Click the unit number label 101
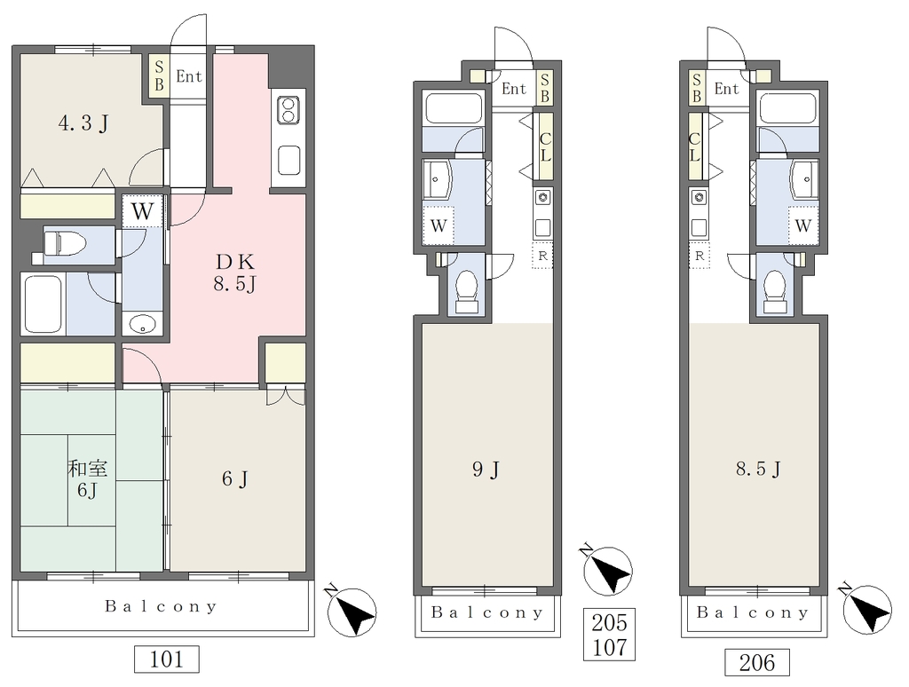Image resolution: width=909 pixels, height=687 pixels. [x=166, y=659]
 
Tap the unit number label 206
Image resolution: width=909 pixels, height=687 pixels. [x=756, y=662]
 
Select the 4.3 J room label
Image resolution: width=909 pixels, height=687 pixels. [x=83, y=123]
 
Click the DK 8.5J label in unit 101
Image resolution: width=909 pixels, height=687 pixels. [x=234, y=273]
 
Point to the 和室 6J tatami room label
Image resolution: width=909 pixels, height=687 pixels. [x=88, y=479]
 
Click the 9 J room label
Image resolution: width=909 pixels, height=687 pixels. [x=486, y=469]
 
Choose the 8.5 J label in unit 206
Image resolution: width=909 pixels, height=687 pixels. [x=758, y=469]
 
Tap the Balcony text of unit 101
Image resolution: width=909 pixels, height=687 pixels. [x=162, y=606]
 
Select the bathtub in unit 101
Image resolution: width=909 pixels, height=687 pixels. [x=41, y=304]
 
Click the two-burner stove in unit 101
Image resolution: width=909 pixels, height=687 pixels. [x=289, y=110]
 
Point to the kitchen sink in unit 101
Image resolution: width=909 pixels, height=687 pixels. [x=289, y=161]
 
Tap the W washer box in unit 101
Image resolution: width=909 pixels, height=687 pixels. [x=142, y=211]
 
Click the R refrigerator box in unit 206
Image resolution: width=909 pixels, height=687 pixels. [x=700, y=256]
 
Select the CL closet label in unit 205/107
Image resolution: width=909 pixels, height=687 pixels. [x=545, y=146]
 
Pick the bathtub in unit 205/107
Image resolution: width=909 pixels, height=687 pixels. [x=454, y=107]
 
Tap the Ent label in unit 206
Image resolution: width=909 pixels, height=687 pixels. [x=726, y=89]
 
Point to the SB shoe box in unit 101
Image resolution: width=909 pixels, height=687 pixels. [x=159, y=76]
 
